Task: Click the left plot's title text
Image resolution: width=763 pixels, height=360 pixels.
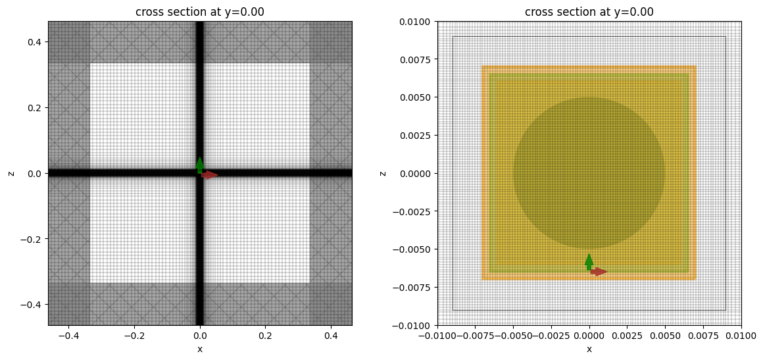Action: coord(199,11)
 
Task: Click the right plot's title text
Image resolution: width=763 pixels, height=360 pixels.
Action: coord(589,11)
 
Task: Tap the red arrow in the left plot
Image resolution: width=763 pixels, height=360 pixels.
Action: coord(209,175)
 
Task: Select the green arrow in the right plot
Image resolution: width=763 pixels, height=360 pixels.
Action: coord(589,261)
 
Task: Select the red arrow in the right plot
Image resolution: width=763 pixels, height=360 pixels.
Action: coord(598,271)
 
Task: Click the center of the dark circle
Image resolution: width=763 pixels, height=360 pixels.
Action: coord(589,173)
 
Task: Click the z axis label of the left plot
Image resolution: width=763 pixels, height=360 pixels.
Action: coord(11,173)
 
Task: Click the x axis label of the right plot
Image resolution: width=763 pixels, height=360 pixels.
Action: coord(589,349)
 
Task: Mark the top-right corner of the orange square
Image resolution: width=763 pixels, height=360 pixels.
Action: coord(696,66)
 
